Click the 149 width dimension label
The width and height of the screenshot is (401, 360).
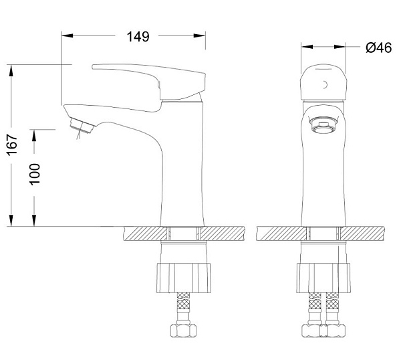138,37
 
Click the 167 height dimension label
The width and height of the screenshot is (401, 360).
13,145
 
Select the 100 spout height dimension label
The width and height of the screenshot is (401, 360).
35,174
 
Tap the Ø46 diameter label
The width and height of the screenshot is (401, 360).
378,48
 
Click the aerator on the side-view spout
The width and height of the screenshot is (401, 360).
82,125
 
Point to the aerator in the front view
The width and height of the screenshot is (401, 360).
323,124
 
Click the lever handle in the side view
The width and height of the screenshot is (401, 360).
149,82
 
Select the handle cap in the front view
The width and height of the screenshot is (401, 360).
323,82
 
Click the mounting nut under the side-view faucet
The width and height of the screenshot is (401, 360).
184,278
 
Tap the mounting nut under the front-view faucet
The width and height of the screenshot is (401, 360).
323,278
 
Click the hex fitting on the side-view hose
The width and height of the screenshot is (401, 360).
183,331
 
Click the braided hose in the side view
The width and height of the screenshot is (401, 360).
183,308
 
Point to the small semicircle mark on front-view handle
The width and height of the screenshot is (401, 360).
325,84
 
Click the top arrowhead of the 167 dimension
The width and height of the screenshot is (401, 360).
11,70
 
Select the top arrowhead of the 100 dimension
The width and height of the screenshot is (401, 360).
34,135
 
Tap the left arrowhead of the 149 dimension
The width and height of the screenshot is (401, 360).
68,35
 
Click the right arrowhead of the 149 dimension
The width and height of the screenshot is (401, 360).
199,35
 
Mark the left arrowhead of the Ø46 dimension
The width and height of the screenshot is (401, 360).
307,47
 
